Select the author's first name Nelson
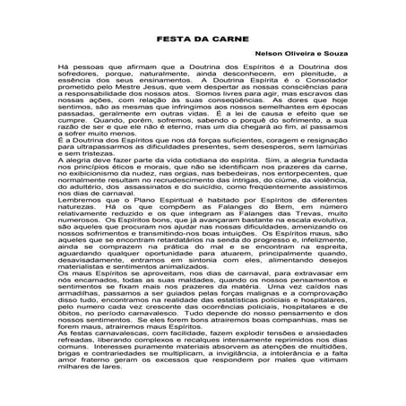pyautogui.click(x=272, y=82)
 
